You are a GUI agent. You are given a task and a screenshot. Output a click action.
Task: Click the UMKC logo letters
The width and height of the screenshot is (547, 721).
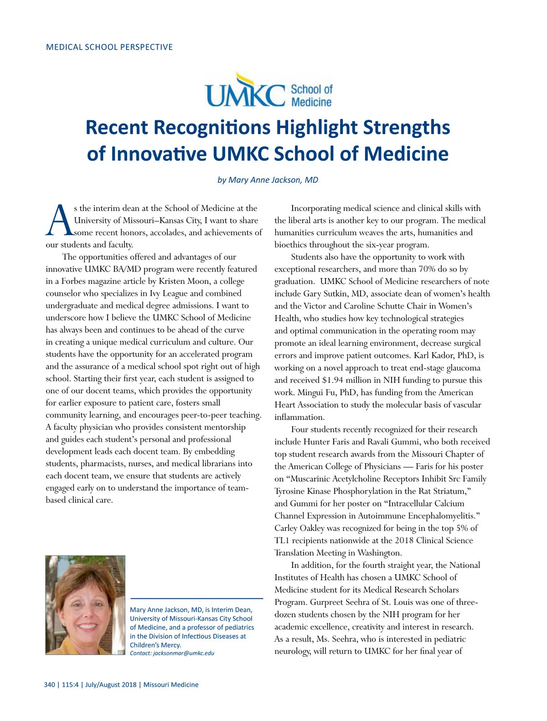click(245, 94)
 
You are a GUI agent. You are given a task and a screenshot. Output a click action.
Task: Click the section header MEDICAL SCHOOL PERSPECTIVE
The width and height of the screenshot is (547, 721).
click(109, 47)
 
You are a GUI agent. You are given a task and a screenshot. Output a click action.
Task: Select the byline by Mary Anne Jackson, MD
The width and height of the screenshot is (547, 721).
click(268, 180)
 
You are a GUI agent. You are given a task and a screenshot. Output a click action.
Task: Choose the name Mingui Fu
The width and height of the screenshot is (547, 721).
click(315, 392)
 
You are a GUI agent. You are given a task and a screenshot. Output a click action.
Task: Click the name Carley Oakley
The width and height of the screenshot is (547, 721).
click(299, 528)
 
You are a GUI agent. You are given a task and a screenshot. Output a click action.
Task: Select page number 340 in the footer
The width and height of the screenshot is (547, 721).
click(49, 685)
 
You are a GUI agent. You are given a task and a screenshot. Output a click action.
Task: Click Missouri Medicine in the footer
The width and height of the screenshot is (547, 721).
click(171, 685)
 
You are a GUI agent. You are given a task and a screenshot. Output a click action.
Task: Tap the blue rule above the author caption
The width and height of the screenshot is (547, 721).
click(196, 598)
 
